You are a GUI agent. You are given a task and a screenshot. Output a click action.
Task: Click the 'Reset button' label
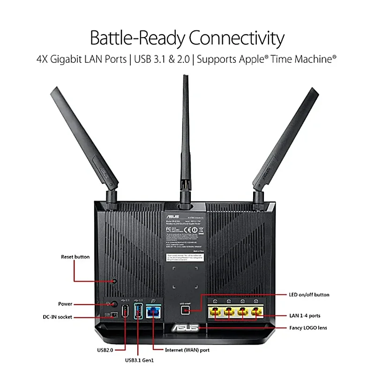click(x=75, y=257)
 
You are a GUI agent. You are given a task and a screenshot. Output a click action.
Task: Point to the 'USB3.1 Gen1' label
click(x=139, y=360)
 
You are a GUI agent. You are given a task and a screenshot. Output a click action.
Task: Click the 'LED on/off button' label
click(x=308, y=295)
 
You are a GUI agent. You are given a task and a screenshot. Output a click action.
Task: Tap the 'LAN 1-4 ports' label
click(x=304, y=315)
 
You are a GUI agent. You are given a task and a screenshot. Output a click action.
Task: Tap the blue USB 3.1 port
click(x=138, y=311)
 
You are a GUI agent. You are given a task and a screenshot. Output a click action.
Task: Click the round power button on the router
click(x=112, y=304)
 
